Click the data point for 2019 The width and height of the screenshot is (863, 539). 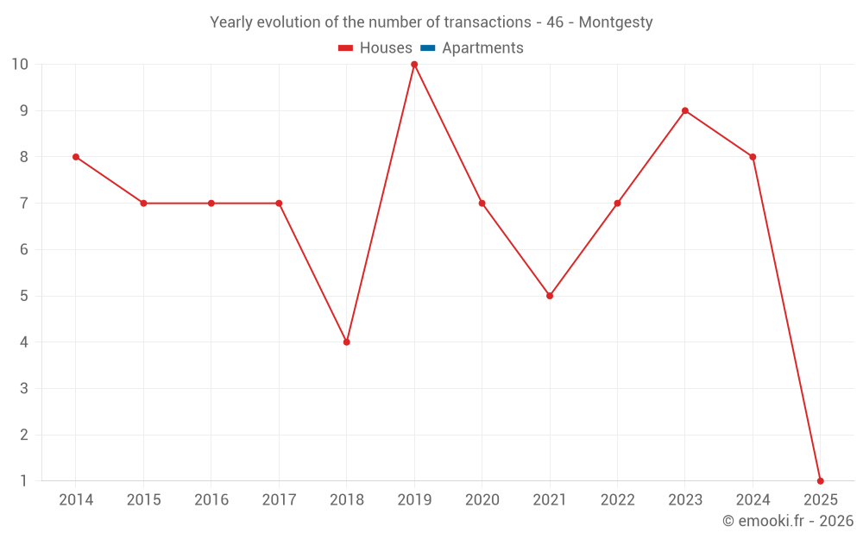[414, 65]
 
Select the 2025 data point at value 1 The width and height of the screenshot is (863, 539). [820, 480]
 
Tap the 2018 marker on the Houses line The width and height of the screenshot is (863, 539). [347, 342]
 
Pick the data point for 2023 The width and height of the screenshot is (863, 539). [685, 110]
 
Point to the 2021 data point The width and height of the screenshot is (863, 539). [550, 296]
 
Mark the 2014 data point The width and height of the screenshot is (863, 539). [76, 157]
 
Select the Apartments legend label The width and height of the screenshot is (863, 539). [482, 48]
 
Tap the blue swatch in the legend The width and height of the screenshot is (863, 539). [428, 48]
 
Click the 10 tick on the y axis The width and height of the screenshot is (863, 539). [19, 65]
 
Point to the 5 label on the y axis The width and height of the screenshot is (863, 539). [23, 296]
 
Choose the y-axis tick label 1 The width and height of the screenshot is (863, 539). [23, 480]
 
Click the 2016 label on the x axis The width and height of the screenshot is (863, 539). [211, 500]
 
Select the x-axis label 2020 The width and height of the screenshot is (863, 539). [482, 500]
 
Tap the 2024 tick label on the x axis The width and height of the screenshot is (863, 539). [753, 500]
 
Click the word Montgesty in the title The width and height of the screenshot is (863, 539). [615, 22]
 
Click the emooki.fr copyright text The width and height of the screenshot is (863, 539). [788, 521]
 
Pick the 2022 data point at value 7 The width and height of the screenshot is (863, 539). [617, 204]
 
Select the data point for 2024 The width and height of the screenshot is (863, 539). [753, 157]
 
